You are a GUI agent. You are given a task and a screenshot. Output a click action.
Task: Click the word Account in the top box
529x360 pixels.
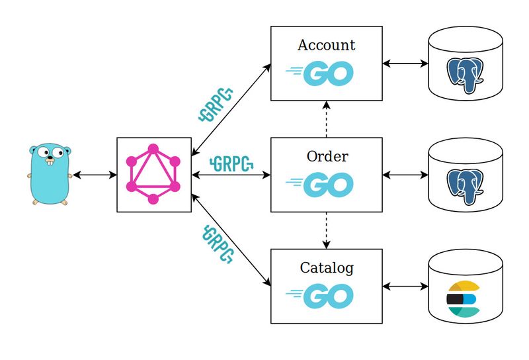pyautogui.click(x=326, y=45)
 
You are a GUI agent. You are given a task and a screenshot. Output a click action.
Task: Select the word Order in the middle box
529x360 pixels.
pyautogui.click(x=327, y=157)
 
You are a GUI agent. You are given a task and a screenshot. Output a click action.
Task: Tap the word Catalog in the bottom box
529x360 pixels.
pyautogui.click(x=327, y=268)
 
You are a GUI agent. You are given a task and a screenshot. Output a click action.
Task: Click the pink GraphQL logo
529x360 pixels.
pyautogui.click(x=153, y=175)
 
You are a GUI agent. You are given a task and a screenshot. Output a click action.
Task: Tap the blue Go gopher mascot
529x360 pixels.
pyautogui.click(x=49, y=174)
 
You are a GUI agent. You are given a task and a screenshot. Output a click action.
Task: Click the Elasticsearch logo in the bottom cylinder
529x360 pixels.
pyautogui.click(x=462, y=298)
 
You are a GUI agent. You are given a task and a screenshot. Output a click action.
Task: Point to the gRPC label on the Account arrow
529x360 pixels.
pyautogui.click(x=217, y=105)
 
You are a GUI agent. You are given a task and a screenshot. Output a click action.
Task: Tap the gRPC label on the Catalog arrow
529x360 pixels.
pyautogui.click(x=219, y=244)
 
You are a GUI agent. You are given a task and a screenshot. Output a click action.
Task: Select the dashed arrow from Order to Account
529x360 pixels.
pyautogui.click(x=326, y=120)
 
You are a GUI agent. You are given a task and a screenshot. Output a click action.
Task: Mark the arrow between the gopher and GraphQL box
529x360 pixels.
pyautogui.click(x=94, y=175)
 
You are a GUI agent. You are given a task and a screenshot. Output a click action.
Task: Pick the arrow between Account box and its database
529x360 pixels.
pyautogui.click(x=405, y=64)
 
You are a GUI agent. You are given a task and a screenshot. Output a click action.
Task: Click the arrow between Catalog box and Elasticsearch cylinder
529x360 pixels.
pyautogui.click(x=405, y=287)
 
